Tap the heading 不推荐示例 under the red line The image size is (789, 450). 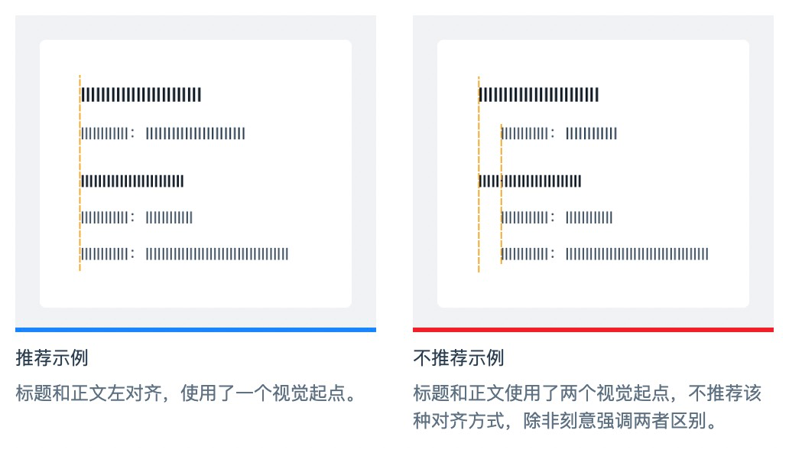click(459, 357)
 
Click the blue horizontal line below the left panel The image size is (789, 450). click(195, 330)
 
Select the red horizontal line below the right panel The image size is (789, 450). click(593, 330)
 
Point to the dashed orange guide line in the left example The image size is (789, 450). click(80, 172)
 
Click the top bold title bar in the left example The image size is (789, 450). click(141, 95)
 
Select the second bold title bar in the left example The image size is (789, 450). click(132, 181)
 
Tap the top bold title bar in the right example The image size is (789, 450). click(539, 95)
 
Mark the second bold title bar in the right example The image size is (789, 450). click(530, 181)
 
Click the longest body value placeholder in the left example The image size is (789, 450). click(217, 254)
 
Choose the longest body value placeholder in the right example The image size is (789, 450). click(638, 254)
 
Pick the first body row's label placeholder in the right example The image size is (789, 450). click(524, 134)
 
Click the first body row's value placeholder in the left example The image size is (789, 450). click(196, 134)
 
